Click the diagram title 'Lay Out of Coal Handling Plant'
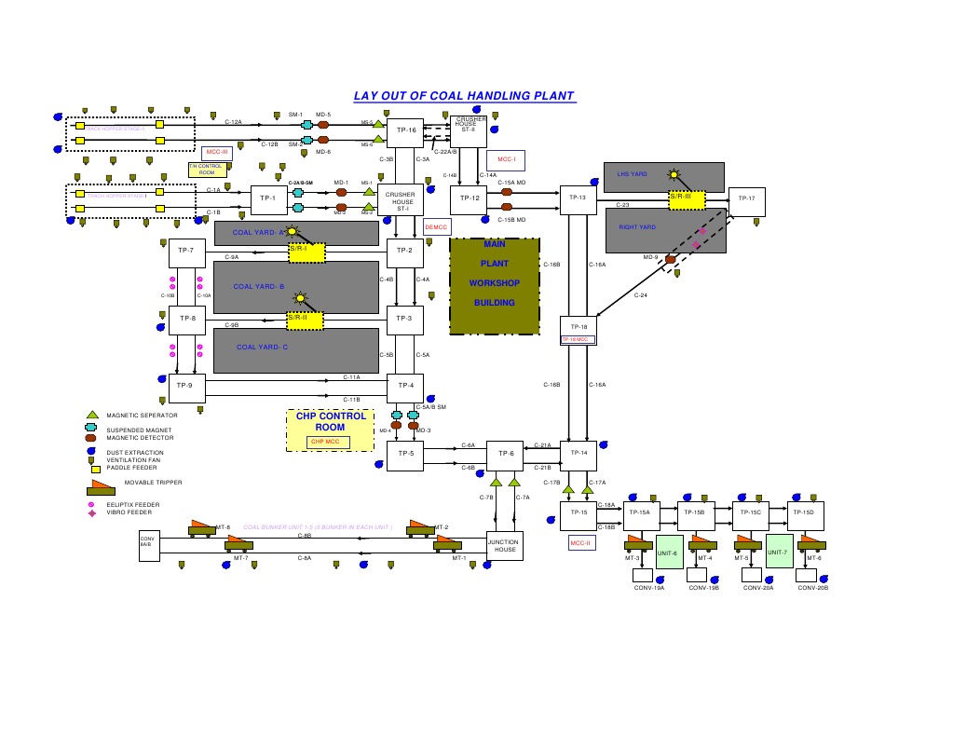(x=464, y=96)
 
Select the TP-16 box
(x=405, y=131)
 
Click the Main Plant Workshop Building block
(x=494, y=286)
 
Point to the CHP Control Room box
(x=330, y=430)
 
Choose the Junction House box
(x=505, y=545)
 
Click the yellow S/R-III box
(x=687, y=198)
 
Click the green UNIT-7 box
(x=778, y=552)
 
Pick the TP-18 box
(x=578, y=330)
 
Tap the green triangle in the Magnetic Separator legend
(x=92, y=415)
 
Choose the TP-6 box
(x=506, y=454)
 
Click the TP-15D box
(x=802, y=512)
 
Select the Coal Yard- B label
(x=259, y=287)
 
